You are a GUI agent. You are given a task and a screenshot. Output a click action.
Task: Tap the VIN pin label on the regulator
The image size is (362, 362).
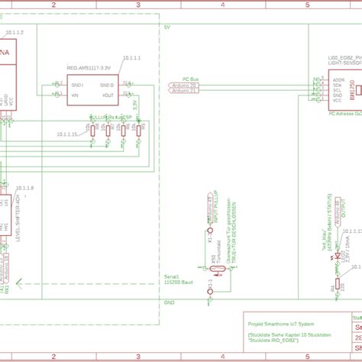[x=76, y=95]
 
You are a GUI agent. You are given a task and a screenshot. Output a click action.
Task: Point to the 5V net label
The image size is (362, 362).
[x=167, y=27]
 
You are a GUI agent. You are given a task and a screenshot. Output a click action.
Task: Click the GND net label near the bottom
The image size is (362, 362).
[x=168, y=302]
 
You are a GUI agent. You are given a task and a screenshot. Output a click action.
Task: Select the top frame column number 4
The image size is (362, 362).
[x=222, y=5]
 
